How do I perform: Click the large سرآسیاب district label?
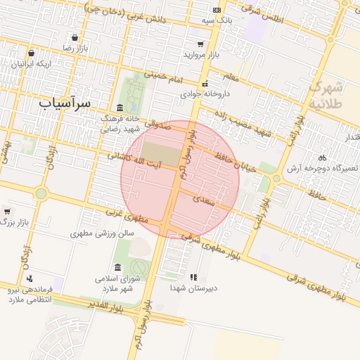click(64, 103)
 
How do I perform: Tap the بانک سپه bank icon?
click(217, 10)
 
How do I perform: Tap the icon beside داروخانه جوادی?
click(204, 84)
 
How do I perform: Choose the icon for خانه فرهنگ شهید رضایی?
click(120, 108)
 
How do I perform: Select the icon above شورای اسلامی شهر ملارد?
click(117, 268)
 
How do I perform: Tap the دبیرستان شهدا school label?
click(194, 288)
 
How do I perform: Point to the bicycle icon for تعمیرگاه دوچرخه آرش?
click(322, 157)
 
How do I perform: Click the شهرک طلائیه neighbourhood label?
click(328, 96)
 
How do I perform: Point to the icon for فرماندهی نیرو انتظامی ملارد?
click(30, 279)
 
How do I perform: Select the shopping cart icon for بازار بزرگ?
click(7, 211)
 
